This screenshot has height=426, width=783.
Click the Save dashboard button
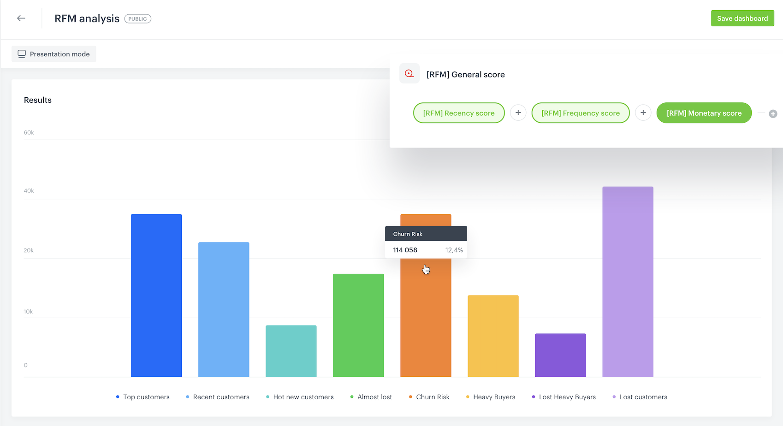tap(742, 18)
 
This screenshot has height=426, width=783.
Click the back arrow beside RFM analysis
tap(21, 18)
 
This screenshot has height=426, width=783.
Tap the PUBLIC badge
tap(137, 19)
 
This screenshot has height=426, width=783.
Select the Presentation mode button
tap(54, 54)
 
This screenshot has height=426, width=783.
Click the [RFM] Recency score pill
tap(458, 113)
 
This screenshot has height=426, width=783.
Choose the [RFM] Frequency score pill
tap(580, 113)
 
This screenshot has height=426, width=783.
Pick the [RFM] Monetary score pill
tap(704, 113)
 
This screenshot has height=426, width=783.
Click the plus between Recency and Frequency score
tap(518, 113)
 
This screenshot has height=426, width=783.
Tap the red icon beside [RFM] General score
tap(409, 74)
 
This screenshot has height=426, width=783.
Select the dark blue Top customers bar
tap(156, 295)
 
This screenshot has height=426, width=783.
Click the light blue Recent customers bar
tap(224, 309)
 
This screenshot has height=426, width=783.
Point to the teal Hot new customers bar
tap(291, 351)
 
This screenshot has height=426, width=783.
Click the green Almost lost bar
tap(358, 325)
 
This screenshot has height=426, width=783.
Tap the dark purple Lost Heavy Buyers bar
tap(560, 355)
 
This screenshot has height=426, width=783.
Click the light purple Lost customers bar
tap(628, 281)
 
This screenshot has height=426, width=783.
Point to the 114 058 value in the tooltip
tap(405, 250)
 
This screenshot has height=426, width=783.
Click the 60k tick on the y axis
tap(29, 133)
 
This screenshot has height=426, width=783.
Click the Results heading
tap(38, 100)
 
